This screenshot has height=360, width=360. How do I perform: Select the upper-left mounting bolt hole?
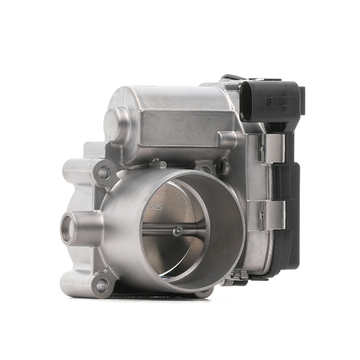point(104,173)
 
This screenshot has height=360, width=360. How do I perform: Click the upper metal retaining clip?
point(273,148)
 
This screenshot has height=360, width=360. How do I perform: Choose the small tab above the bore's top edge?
point(157,163)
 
